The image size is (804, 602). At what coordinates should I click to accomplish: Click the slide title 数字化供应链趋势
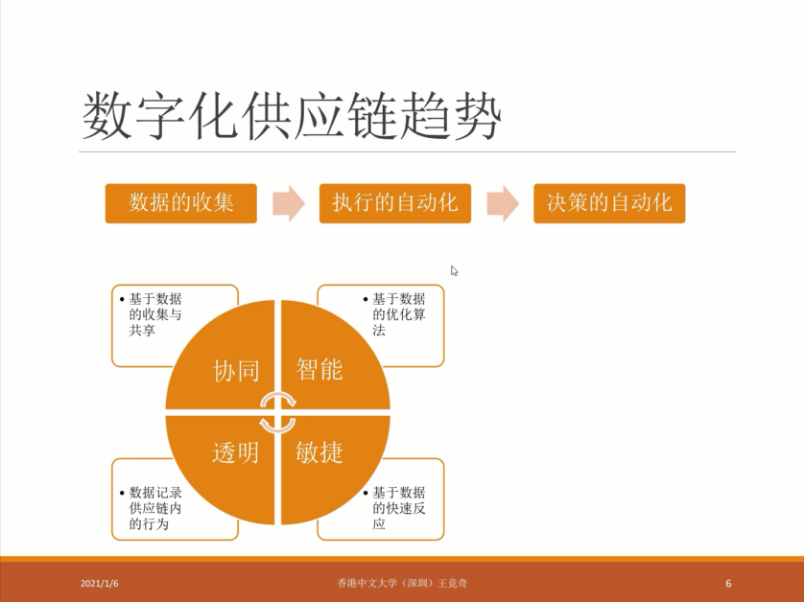[x=292, y=116]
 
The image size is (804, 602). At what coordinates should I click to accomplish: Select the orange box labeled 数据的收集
[x=181, y=203]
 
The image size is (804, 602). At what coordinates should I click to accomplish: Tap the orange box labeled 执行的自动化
[x=395, y=203]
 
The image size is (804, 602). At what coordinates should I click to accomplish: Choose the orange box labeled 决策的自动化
[x=609, y=203]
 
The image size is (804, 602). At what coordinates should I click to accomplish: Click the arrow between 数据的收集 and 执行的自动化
[x=289, y=203]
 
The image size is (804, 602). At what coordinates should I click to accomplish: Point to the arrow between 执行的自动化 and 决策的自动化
[x=503, y=203]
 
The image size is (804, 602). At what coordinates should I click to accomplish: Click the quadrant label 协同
[x=236, y=370]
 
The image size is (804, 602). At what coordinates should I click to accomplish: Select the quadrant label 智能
[x=319, y=369]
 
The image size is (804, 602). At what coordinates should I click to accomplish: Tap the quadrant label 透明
[x=235, y=452]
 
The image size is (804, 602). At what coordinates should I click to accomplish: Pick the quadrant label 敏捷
[x=319, y=452]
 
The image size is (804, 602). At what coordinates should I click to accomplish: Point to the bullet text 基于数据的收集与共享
[x=155, y=314]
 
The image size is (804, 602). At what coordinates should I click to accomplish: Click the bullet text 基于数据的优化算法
[x=399, y=314]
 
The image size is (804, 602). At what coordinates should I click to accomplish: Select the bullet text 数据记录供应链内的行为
[x=155, y=508]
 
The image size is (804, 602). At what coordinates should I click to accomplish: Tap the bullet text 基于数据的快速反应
[x=399, y=508]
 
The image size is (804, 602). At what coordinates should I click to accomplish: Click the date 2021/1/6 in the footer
[x=100, y=583]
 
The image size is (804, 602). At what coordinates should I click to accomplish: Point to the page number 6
[x=728, y=583]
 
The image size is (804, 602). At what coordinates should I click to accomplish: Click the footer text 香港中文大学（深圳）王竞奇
[x=402, y=583]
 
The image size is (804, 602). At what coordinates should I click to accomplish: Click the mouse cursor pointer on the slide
[x=455, y=271]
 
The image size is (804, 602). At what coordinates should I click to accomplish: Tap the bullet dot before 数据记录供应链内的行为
[x=122, y=493]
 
